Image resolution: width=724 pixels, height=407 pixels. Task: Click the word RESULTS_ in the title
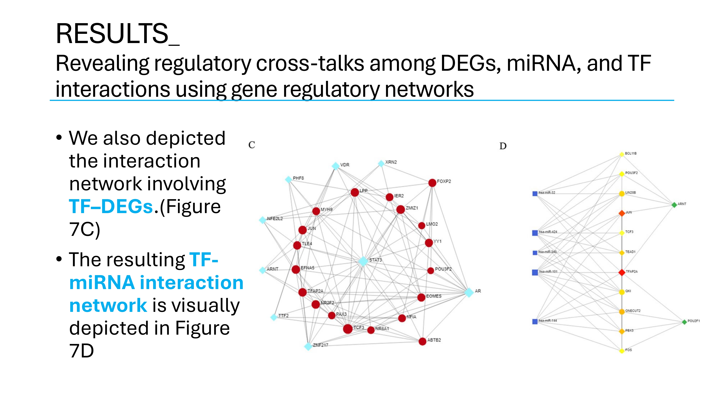(117, 34)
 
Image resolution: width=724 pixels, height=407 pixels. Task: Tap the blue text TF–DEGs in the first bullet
(111, 206)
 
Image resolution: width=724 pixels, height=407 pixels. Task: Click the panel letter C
(252, 145)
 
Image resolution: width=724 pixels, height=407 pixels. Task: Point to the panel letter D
(503, 146)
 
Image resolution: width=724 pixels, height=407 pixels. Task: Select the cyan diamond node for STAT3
(363, 261)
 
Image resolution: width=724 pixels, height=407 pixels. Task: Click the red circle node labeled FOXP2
(432, 183)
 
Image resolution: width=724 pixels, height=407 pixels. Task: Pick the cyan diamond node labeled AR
(469, 292)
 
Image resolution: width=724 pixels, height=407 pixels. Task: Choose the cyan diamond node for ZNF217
(308, 346)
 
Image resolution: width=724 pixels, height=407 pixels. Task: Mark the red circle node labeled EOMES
(421, 297)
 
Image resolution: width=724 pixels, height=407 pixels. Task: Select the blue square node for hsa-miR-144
(535, 321)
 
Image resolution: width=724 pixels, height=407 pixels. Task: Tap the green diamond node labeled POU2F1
(684, 322)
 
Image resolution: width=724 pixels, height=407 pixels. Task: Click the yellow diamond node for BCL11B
(622, 154)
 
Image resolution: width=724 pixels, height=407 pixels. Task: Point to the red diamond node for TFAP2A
(622, 272)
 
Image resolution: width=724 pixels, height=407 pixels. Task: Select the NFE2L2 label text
(275, 219)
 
